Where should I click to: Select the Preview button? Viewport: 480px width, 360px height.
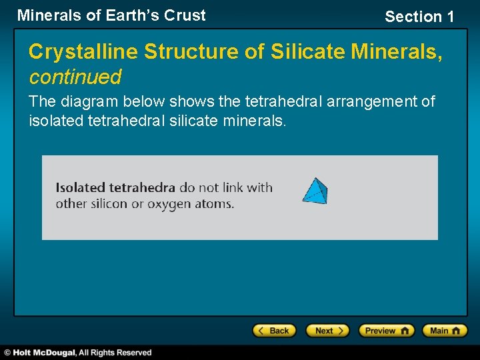386,331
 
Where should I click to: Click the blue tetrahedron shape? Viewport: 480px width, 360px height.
315,191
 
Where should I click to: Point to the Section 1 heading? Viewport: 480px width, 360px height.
419,17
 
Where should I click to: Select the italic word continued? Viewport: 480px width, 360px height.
75,77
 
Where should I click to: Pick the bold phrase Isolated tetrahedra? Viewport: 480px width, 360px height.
115,187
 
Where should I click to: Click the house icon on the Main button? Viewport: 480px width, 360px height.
457,331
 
